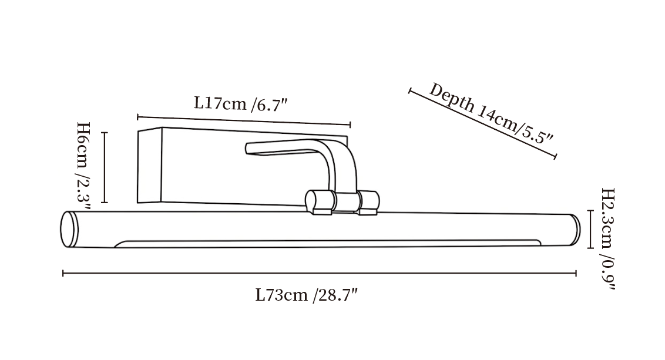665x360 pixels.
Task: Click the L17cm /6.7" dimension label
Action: pyautogui.click(x=241, y=103)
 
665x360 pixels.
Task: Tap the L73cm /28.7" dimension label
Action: pyautogui.click(x=307, y=295)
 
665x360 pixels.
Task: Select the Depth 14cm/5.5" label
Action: pyautogui.click(x=491, y=114)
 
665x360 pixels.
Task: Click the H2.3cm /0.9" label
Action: pyautogui.click(x=607, y=239)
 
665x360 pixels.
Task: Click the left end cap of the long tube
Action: pyautogui.click(x=69, y=229)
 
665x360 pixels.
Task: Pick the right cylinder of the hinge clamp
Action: pyautogui.click(x=368, y=203)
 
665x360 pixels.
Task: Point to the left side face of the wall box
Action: pyautogui.click(x=150, y=166)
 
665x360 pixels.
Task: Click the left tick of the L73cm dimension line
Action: pyautogui.click(x=63, y=273)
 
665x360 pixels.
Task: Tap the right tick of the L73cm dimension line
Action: pyautogui.click(x=576, y=273)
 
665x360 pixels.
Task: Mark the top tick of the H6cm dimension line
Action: pyautogui.click(x=105, y=132)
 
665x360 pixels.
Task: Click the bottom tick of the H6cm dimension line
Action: pyautogui.click(x=105, y=203)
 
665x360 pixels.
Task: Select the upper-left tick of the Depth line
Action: pyautogui.click(x=409, y=91)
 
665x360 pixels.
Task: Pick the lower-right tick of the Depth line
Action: pyautogui.click(x=555, y=156)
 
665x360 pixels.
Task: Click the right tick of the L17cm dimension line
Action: pyautogui.click(x=350, y=125)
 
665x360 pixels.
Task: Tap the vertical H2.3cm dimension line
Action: pyautogui.click(x=590, y=229)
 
